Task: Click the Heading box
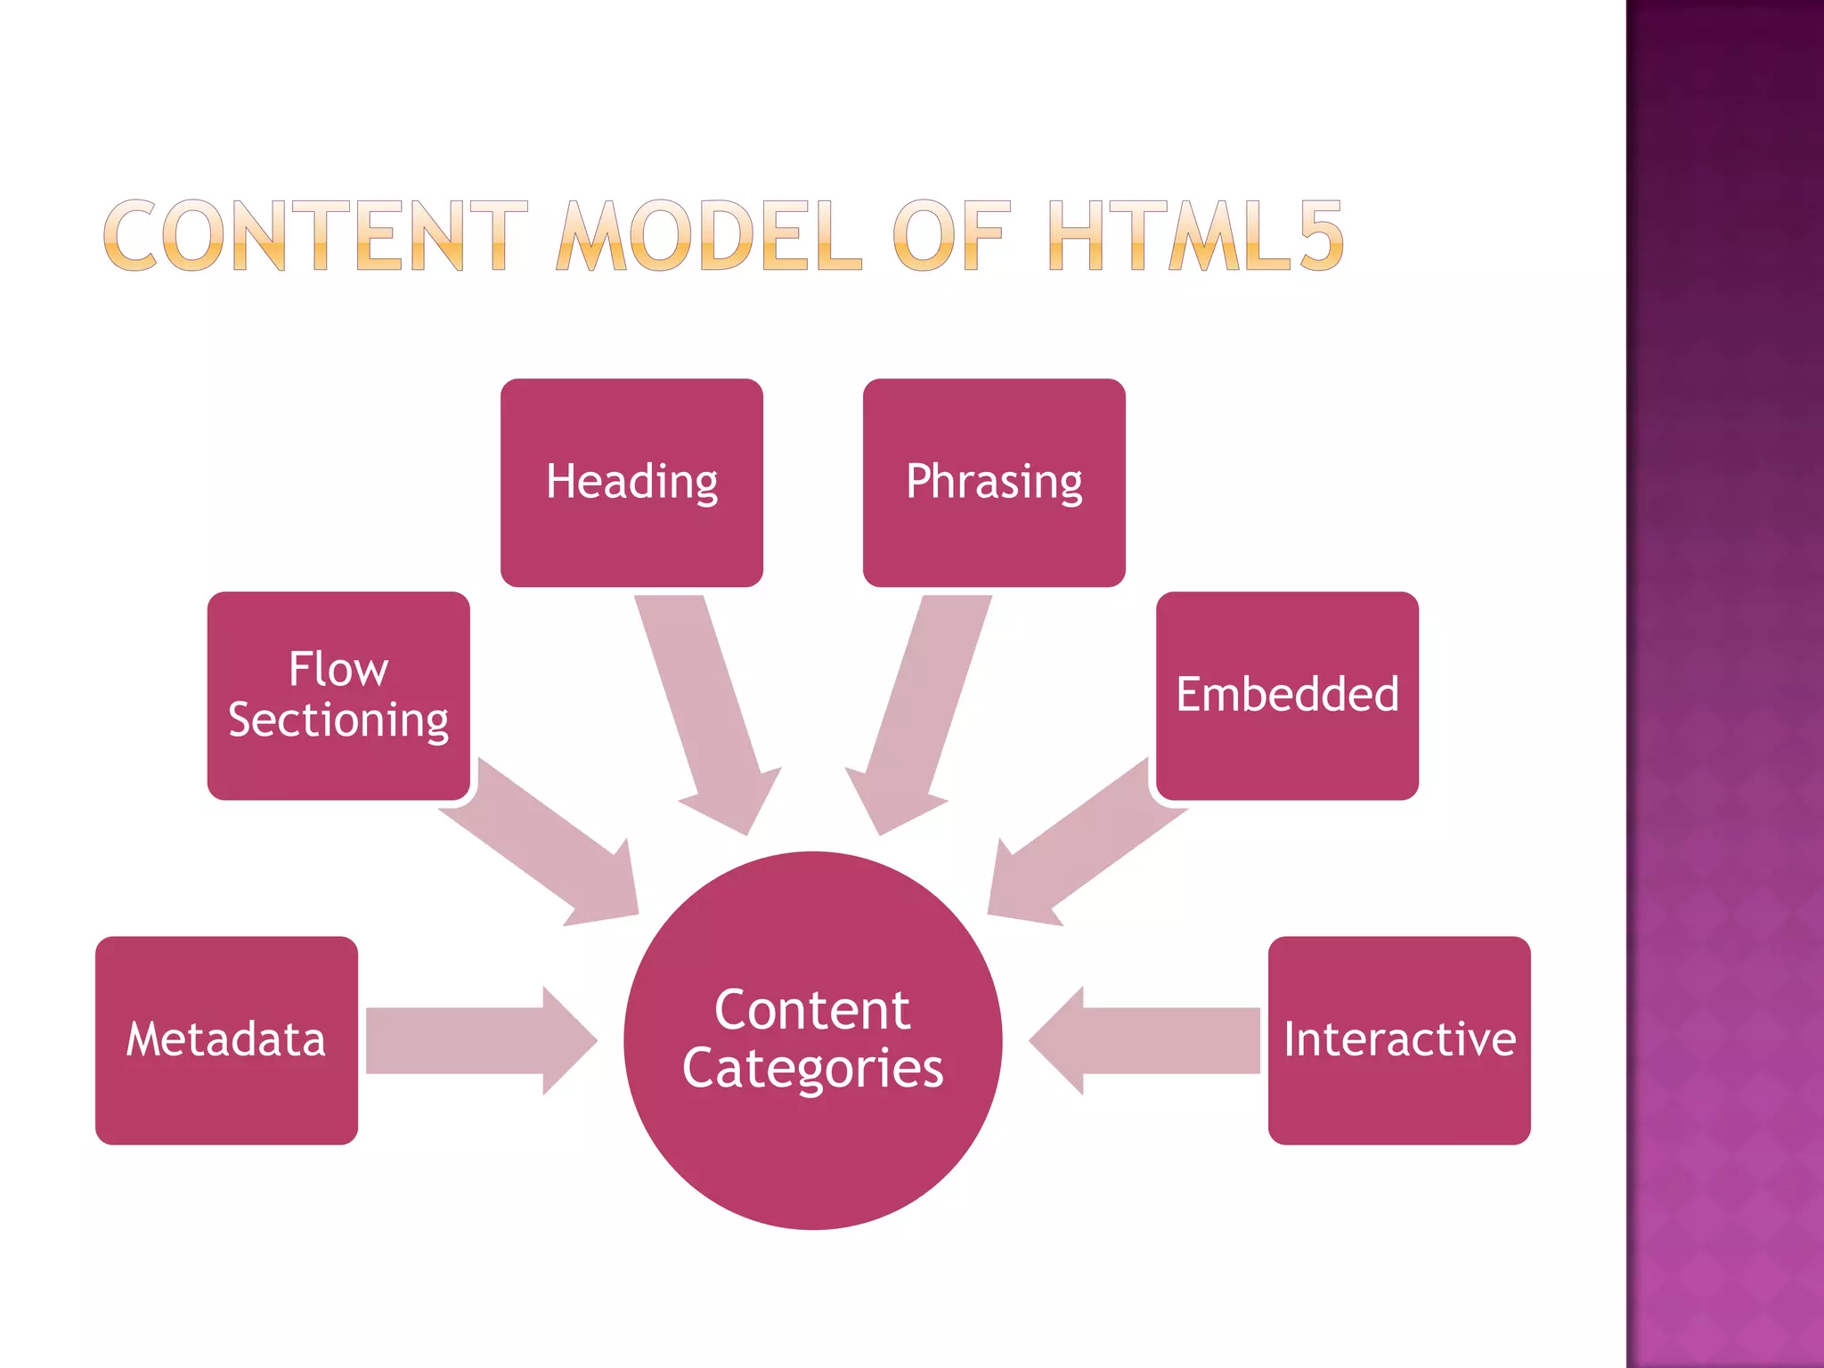(631, 482)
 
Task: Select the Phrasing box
(994, 482)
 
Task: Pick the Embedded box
(1287, 695)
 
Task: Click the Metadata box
(226, 1039)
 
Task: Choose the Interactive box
(1399, 1039)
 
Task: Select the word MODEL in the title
(709, 235)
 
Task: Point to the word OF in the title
(951, 235)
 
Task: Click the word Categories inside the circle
(812, 1068)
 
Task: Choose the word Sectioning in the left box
(338, 720)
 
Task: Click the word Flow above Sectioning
(338, 669)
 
